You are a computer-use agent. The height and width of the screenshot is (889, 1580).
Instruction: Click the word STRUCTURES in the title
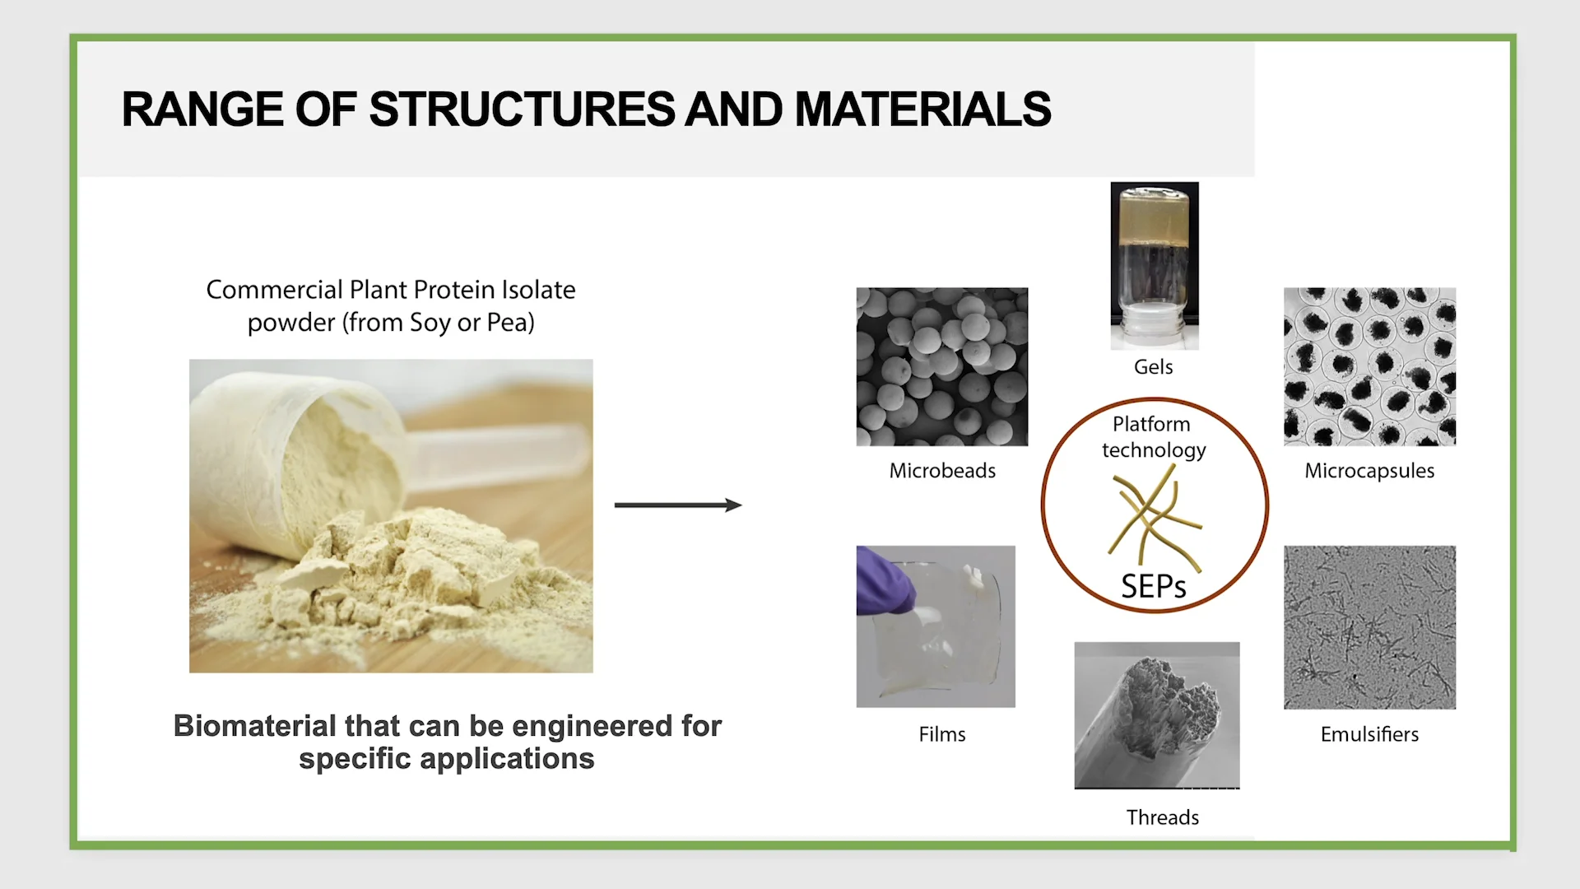[x=522, y=109]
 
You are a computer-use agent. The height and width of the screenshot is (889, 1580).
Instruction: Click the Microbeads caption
[x=942, y=471]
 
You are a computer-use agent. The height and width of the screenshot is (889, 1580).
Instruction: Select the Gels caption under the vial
[x=1153, y=367]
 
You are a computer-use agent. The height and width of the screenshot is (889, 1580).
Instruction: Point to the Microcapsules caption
[x=1369, y=471]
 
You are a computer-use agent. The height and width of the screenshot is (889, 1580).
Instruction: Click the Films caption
[x=942, y=734]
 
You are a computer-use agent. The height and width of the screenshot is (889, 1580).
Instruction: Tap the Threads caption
[x=1162, y=817]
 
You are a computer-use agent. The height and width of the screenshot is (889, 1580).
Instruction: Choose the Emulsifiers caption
[x=1369, y=734]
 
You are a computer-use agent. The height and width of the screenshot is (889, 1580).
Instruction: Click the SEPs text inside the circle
[x=1154, y=587]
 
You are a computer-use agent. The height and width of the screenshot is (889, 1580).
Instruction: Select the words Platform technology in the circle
[x=1153, y=437]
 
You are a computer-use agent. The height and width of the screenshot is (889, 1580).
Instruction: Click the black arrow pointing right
[x=678, y=505]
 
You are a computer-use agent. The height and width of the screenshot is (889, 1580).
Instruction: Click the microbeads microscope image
[x=942, y=366]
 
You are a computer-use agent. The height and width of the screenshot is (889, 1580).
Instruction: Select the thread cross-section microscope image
[x=1156, y=714]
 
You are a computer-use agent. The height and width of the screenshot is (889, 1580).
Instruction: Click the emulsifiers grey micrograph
[x=1369, y=627]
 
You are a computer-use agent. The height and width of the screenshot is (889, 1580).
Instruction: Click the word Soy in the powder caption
[x=430, y=323]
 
